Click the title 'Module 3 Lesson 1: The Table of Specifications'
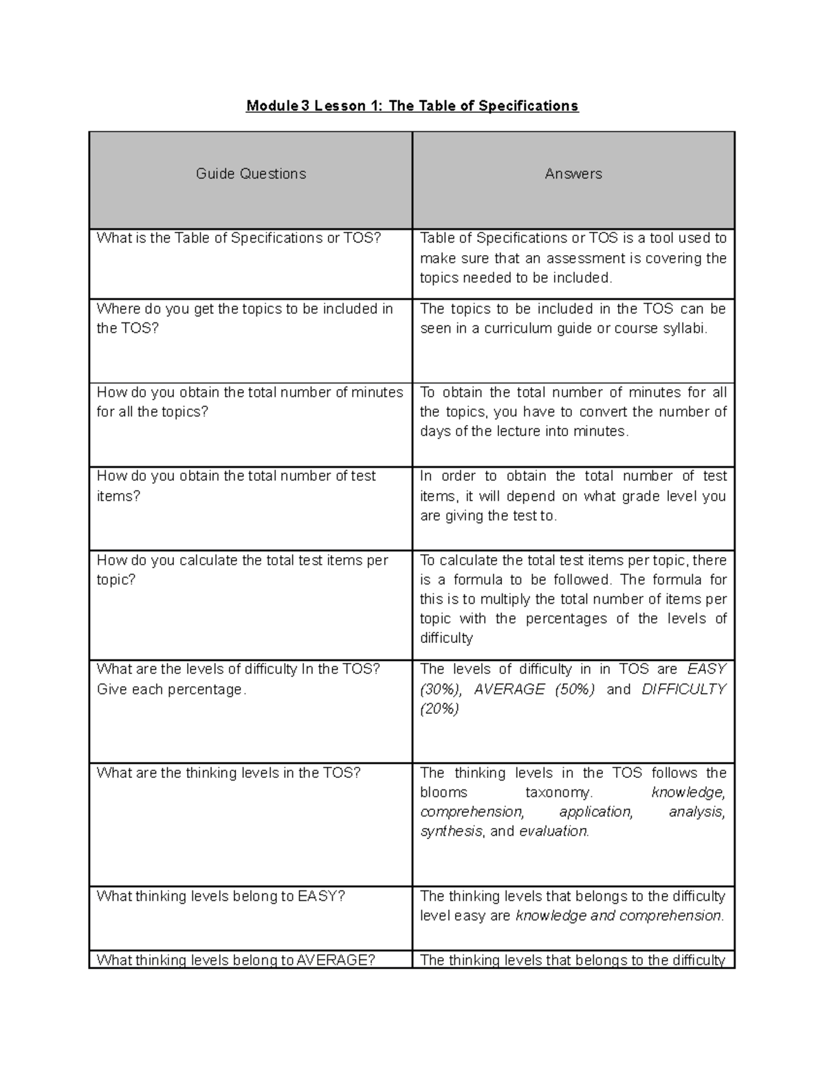pos(412,106)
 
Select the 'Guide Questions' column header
pos(251,174)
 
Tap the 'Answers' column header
pos(573,174)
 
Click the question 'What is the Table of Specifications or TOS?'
pos(239,238)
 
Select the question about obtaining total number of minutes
pos(250,402)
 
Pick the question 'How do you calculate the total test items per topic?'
pos(242,569)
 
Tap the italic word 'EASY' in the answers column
pos(706,669)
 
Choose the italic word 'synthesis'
pos(451,831)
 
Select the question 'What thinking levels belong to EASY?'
pos(221,896)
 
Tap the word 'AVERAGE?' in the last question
pos(335,960)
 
